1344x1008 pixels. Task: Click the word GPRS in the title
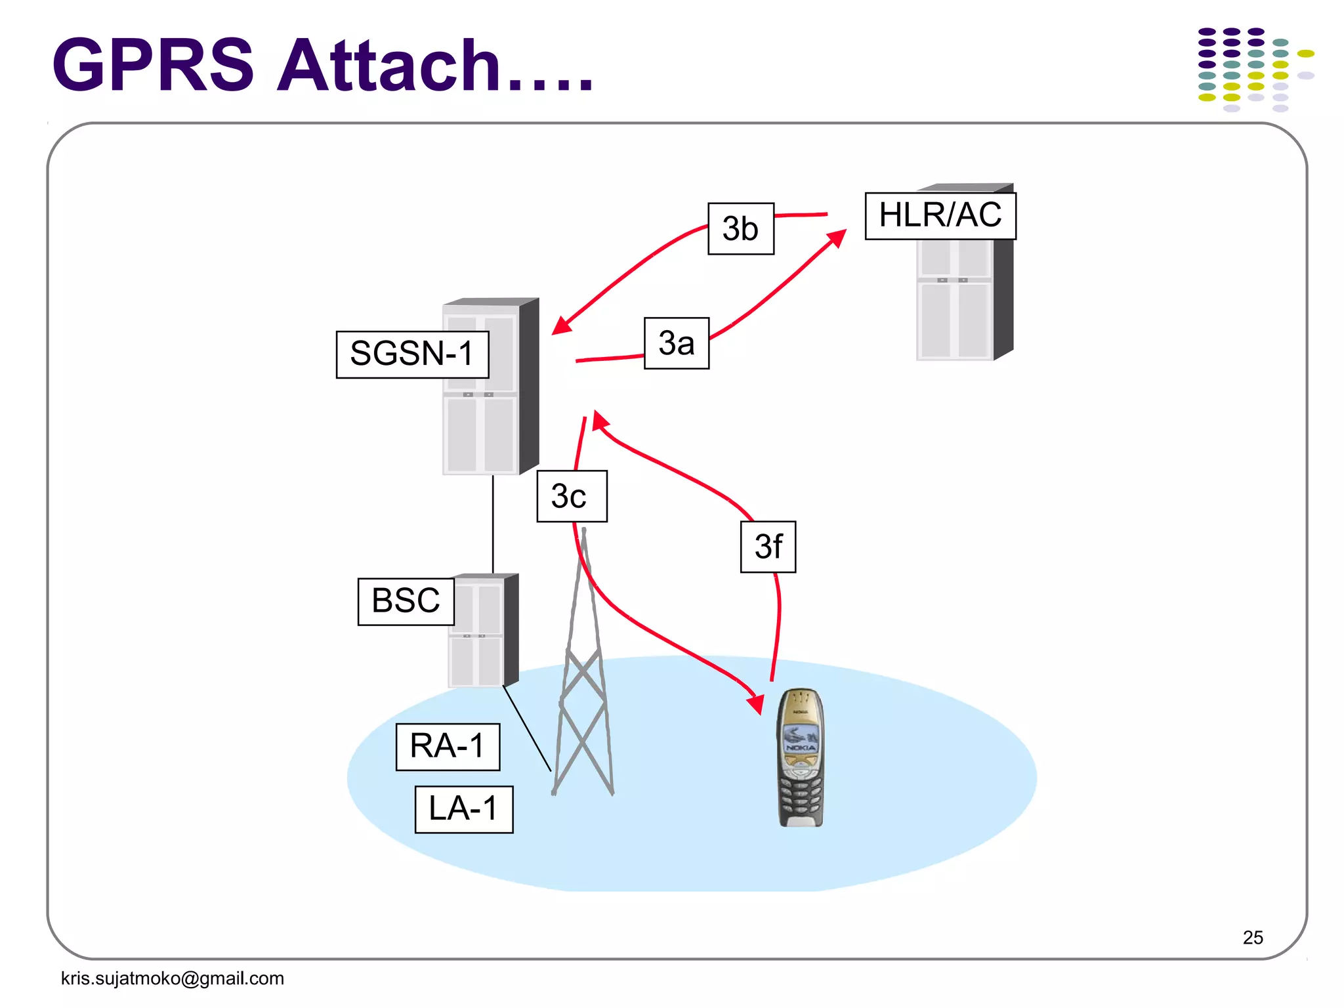tap(153, 66)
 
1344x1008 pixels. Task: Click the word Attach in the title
tap(388, 66)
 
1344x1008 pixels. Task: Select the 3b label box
tap(740, 228)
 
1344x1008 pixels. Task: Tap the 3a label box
tap(676, 343)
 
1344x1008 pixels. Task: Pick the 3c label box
tap(571, 496)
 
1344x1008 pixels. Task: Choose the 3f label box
tap(768, 547)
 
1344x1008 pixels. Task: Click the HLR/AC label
tap(940, 215)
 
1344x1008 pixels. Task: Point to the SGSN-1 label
tap(411, 354)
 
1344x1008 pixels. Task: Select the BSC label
tap(406, 601)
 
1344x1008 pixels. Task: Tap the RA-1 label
tap(448, 747)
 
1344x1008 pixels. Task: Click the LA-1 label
tap(463, 809)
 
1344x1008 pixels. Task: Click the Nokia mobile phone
tap(800, 755)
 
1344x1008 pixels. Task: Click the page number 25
tap(1252, 937)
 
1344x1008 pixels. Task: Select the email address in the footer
tap(172, 978)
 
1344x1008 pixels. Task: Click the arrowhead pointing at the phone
tap(756, 704)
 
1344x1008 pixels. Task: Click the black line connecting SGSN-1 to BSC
tap(493, 525)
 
